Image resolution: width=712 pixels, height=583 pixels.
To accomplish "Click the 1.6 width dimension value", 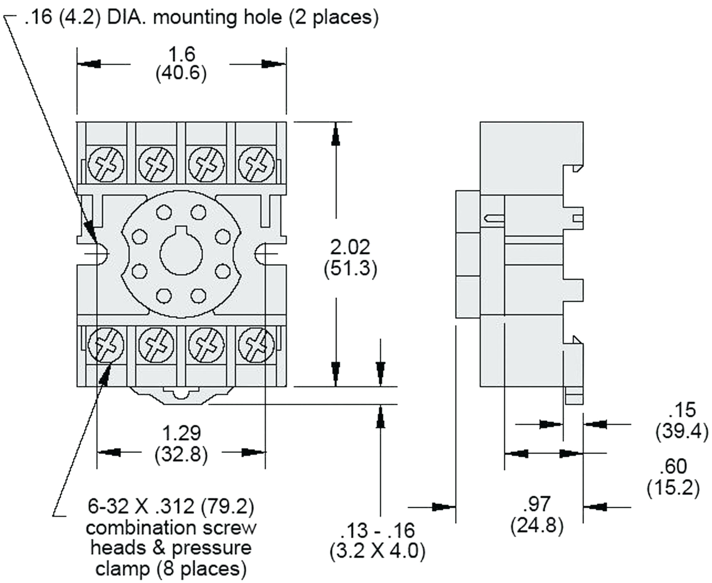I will pyautogui.click(x=181, y=54).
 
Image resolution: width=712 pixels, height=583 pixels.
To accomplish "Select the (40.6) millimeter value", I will pyautogui.click(x=181, y=73).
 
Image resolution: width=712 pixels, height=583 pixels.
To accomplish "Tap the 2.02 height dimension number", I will pyautogui.click(x=350, y=247).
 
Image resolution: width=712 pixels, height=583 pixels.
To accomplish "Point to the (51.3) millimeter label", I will pyautogui.click(x=350, y=269).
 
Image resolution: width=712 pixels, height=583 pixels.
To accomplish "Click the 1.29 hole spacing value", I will pyautogui.click(x=181, y=433).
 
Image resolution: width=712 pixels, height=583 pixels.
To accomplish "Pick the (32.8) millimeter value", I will pyautogui.click(x=181, y=454).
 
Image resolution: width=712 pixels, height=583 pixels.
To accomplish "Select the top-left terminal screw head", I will pyautogui.click(x=106, y=165).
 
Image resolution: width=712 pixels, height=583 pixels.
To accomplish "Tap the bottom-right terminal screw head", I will pyautogui.click(x=256, y=345).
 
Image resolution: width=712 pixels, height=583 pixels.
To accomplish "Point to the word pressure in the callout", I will pyautogui.click(x=212, y=548).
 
